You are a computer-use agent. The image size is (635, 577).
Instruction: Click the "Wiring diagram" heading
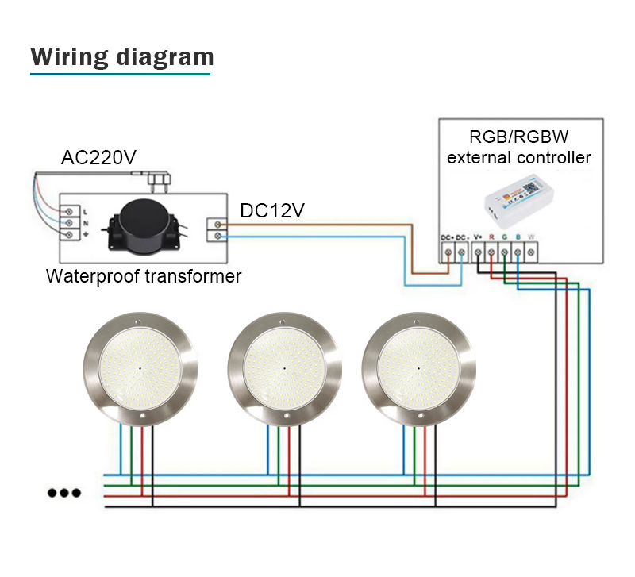coord(122,57)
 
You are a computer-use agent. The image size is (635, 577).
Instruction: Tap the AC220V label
coord(99,158)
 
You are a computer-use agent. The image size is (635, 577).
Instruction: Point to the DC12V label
coord(272,210)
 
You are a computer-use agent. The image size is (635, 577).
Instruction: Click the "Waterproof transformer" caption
coord(144,276)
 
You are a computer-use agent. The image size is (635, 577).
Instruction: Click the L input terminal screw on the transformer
coord(69,211)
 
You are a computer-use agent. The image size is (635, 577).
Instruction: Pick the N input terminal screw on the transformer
coord(69,224)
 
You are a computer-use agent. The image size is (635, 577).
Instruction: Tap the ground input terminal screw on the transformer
coord(69,237)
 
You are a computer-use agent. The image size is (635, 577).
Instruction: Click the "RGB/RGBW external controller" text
coord(519,146)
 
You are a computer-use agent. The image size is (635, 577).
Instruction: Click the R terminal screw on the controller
coord(491,252)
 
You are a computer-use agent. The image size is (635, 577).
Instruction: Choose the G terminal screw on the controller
coord(505,252)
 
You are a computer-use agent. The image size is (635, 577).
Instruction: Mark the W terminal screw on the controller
coord(531,252)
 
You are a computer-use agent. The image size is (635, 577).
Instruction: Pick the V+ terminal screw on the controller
coord(478,252)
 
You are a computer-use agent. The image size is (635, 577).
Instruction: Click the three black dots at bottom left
coord(63,492)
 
